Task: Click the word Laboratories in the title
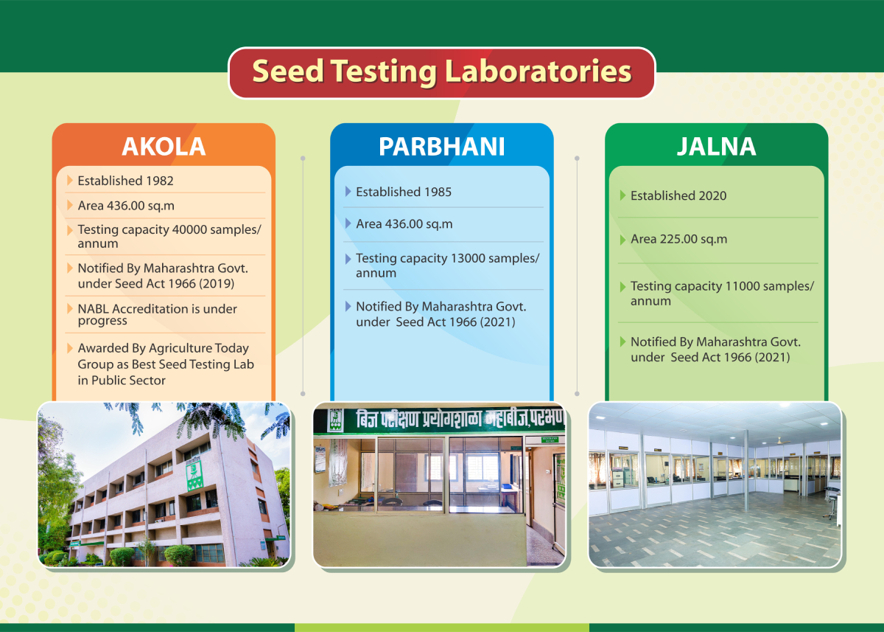pos(539,71)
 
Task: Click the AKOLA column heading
pos(164,147)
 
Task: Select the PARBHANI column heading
pos(441,147)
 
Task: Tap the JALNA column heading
pos(716,147)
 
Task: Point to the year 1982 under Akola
pos(159,181)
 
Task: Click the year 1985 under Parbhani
pos(438,192)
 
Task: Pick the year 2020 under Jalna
pos(712,195)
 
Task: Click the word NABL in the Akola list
pos(93,309)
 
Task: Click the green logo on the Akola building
pos(194,475)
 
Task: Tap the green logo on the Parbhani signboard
pos(335,420)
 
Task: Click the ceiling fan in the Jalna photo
pos(779,440)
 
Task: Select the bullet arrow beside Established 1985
pos(348,192)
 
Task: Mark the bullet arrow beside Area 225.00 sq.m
pos(622,240)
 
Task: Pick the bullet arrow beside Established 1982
pos(70,180)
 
